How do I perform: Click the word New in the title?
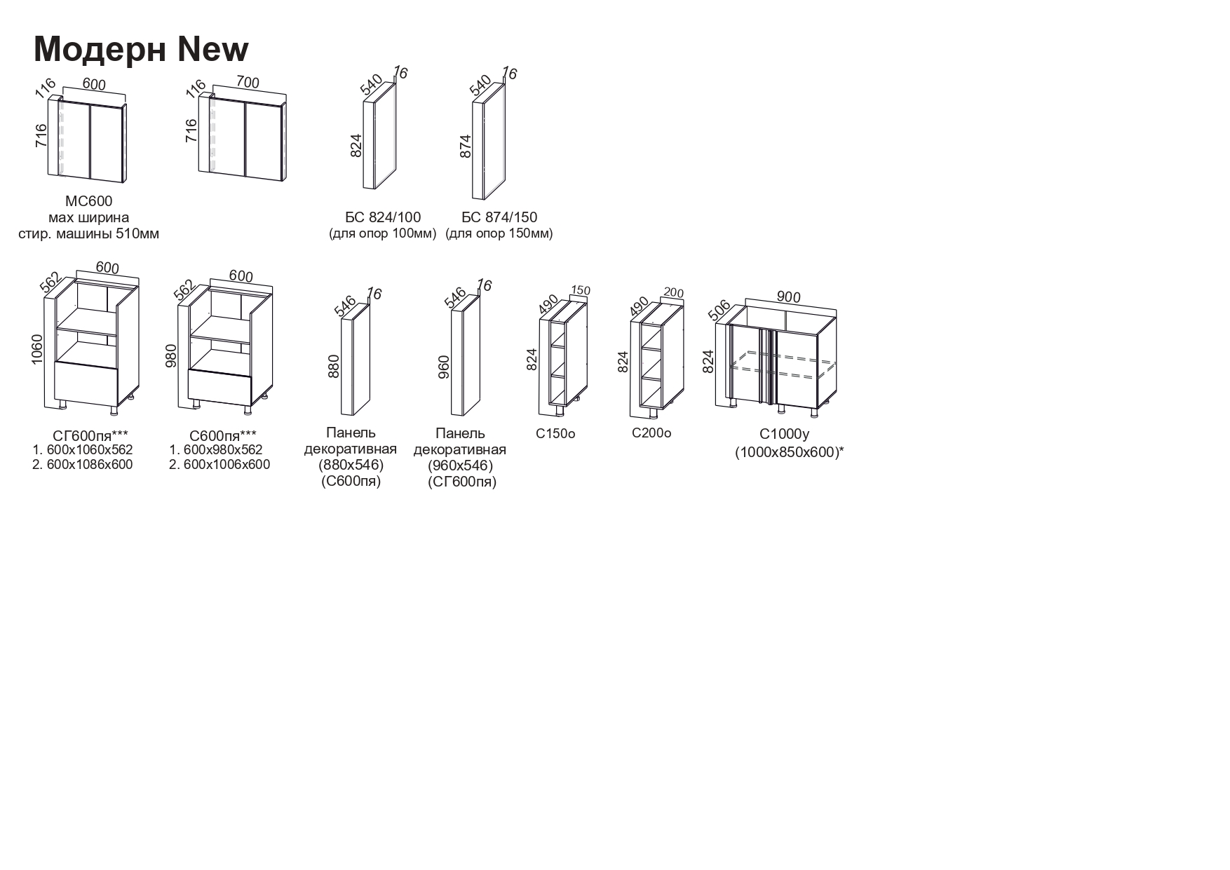pyautogui.click(x=213, y=49)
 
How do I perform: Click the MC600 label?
pyautogui.click(x=88, y=202)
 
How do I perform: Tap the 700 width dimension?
pyautogui.click(x=248, y=83)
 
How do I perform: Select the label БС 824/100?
pyautogui.click(x=383, y=217)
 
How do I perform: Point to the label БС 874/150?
pyautogui.click(x=499, y=217)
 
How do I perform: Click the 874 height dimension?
pyautogui.click(x=466, y=146)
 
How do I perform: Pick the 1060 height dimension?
pyautogui.click(x=37, y=348)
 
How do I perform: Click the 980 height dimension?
pyautogui.click(x=170, y=355)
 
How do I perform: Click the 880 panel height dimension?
pyautogui.click(x=334, y=366)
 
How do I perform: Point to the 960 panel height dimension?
pyautogui.click(x=443, y=366)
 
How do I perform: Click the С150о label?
pyautogui.click(x=555, y=434)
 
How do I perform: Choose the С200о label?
pyautogui.click(x=651, y=433)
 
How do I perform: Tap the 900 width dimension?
pyautogui.click(x=788, y=297)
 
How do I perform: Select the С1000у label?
pyautogui.click(x=784, y=434)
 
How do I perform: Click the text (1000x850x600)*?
pyautogui.click(x=789, y=453)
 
